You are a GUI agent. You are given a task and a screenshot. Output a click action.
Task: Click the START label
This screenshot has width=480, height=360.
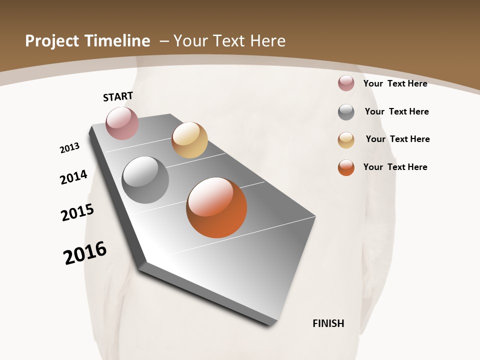[118, 96]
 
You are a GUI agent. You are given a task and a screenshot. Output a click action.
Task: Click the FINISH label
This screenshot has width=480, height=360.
[328, 323]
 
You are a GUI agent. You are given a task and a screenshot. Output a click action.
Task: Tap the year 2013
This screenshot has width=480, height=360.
[69, 148]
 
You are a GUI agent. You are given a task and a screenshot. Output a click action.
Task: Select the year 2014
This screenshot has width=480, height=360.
[73, 177]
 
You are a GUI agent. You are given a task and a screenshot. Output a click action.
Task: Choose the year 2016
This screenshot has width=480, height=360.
[85, 253]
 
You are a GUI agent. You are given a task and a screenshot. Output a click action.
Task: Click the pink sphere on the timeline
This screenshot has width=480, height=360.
[122, 123]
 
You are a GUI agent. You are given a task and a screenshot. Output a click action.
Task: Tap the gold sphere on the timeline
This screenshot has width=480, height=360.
[189, 140]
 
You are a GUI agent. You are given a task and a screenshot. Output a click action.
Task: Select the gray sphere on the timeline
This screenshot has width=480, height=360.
[145, 180]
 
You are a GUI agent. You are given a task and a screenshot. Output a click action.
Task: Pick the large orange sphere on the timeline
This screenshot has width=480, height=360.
[216, 207]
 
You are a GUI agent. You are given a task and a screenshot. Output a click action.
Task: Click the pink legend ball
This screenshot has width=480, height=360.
[346, 83]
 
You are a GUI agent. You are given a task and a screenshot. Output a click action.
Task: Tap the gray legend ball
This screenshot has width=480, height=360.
[346, 112]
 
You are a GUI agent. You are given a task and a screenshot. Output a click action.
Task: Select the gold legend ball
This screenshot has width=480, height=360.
[346, 140]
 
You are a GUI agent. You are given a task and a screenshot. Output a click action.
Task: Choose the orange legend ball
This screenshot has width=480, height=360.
[346, 167]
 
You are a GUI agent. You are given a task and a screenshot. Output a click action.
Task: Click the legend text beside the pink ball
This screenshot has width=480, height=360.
[395, 83]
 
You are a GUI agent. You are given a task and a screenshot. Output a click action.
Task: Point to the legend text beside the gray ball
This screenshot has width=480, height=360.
[396, 111]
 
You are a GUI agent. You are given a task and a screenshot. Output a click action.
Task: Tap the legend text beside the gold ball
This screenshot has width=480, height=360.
[397, 139]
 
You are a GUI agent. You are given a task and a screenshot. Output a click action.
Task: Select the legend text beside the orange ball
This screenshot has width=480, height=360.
[395, 167]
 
